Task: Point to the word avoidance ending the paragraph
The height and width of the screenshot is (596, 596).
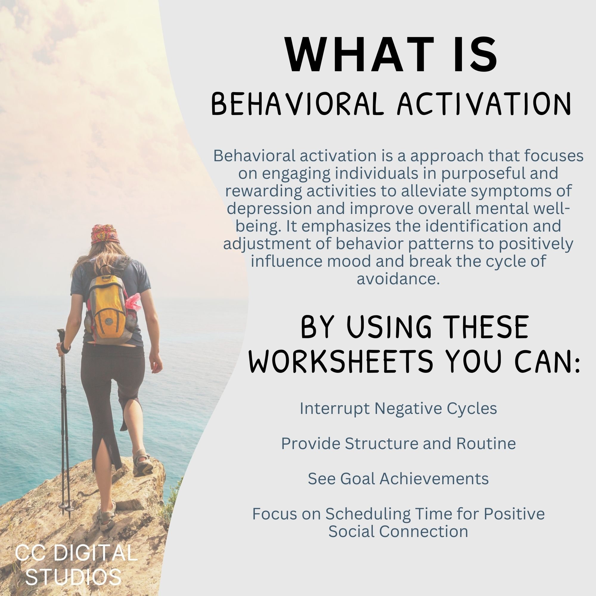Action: tap(398, 279)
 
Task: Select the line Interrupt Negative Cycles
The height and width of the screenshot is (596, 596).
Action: tap(398, 409)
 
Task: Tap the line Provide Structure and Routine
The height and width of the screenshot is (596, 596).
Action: tap(398, 444)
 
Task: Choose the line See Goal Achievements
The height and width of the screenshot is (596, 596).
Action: tap(398, 479)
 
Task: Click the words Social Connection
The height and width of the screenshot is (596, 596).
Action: tap(398, 532)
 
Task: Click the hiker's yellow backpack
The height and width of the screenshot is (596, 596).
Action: tap(108, 305)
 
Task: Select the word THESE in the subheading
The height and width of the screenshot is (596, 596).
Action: tap(488, 328)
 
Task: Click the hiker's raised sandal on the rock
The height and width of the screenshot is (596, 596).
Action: tap(142, 463)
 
